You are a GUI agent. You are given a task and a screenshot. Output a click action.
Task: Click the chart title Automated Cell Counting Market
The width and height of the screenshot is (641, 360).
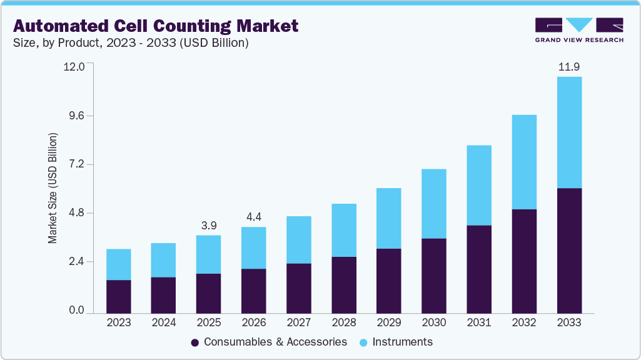click(156, 26)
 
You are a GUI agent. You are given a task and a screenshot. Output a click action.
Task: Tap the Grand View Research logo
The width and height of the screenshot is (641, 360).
click(578, 30)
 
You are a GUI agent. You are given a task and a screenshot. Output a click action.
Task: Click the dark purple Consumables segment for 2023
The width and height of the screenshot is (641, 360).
click(119, 296)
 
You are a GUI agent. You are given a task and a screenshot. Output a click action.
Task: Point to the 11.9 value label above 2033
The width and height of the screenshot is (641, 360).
click(569, 66)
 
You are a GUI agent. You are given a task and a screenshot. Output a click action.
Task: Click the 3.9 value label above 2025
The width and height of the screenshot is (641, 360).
click(209, 224)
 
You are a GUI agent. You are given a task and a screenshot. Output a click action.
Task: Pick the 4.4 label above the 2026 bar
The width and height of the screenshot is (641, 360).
click(254, 216)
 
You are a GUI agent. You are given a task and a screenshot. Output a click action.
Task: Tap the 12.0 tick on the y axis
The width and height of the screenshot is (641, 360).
click(75, 67)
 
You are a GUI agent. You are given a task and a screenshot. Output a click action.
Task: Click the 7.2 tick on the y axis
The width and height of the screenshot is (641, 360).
click(75, 164)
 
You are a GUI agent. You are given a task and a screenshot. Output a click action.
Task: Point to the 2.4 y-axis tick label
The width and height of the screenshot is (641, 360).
click(75, 262)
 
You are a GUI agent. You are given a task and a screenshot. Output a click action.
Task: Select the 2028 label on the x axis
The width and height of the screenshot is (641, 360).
click(344, 323)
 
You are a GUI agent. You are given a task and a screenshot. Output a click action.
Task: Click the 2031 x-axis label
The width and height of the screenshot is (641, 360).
click(478, 323)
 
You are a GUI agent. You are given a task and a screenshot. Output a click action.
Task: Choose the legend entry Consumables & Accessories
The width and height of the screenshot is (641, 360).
click(269, 342)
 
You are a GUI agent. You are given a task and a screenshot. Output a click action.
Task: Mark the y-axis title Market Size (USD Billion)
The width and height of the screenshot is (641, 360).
click(53, 188)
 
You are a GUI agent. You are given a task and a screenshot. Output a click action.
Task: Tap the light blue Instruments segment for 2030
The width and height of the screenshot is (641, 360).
click(433, 204)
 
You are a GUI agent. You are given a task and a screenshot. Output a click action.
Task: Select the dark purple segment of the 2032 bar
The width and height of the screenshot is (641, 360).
click(524, 261)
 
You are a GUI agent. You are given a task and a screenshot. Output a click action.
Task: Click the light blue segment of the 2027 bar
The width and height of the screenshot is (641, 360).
click(299, 240)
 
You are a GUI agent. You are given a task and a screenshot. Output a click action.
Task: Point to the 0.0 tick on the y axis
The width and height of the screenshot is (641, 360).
click(75, 311)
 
